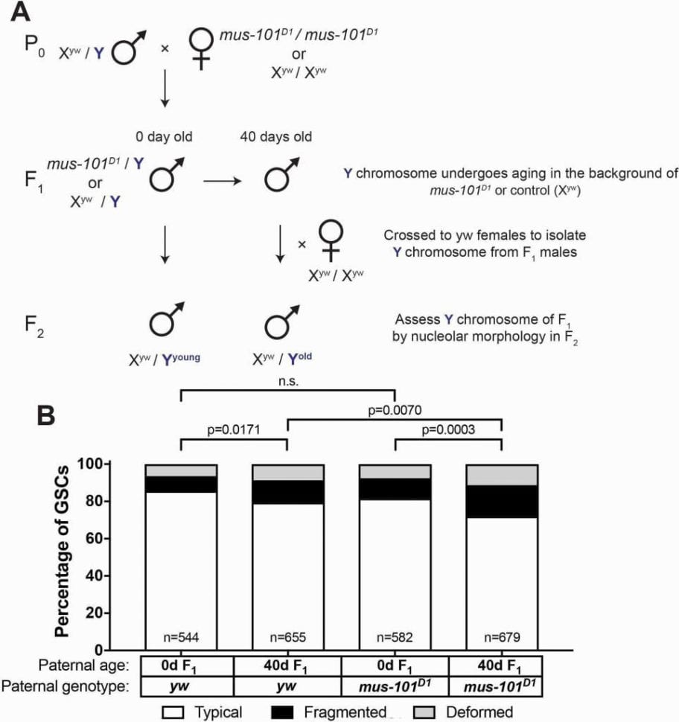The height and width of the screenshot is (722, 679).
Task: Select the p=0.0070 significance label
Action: click(394, 409)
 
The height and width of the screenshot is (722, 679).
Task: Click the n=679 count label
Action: click(501, 637)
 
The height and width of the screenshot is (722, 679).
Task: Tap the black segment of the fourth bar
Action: click(501, 502)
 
